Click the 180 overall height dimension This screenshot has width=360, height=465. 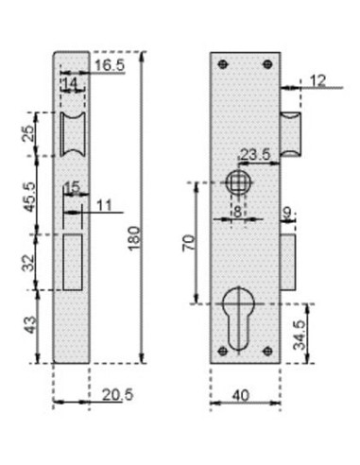tap(134, 238)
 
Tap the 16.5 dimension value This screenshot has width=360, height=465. tap(110, 65)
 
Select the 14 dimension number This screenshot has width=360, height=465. tap(70, 83)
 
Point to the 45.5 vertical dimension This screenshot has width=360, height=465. tap(29, 198)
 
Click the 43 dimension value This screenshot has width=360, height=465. tap(31, 325)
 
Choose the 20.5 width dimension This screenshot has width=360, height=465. tap(117, 394)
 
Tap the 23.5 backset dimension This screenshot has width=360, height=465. tap(255, 154)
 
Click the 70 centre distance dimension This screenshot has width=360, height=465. tap(189, 243)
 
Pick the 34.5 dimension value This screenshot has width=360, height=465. tap(300, 336)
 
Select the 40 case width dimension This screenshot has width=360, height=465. tap(241, 395)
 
